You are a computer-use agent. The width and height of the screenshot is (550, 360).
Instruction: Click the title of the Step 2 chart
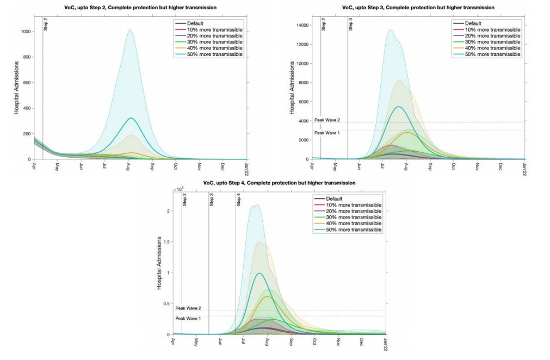click(x=141, y=8)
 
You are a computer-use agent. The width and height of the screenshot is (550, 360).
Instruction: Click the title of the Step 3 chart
click(x=419, y=8)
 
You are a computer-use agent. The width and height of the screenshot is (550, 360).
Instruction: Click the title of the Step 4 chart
click(x=280, y=183)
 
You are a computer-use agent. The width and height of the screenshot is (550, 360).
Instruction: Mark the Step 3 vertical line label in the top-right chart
click(x=350, y=25)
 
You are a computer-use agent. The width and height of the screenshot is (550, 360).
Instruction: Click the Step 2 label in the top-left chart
click(x=46, y=25)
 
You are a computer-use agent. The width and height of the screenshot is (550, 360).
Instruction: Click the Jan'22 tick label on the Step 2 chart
click(x=248, y=166)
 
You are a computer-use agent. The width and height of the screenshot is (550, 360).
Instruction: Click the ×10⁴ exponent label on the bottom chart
click(x=179, y=189)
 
